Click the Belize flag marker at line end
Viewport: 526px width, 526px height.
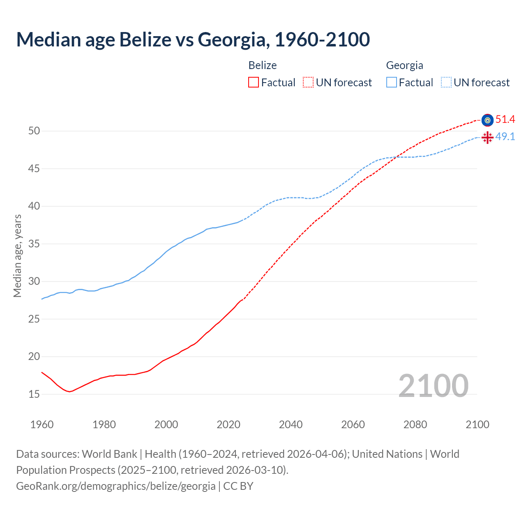487,120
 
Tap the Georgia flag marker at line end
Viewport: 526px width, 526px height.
487,137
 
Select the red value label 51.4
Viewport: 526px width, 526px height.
505,120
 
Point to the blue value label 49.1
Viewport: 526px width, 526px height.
505,137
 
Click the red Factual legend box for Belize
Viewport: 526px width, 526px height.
254,83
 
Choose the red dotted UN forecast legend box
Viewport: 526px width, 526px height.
308,83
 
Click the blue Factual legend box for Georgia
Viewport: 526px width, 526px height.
391,83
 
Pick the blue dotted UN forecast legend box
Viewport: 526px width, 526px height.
446,83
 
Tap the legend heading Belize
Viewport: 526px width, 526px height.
263,65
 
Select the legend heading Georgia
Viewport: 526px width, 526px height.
404,65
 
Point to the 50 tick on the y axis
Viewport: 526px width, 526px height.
34,131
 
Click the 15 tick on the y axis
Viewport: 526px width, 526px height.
34,394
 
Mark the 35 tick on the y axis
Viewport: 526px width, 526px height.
34,244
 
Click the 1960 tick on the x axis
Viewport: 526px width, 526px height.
42,424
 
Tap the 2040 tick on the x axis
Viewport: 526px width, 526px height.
291,424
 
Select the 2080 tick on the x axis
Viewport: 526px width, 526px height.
415,424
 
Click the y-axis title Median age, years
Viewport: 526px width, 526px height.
17,256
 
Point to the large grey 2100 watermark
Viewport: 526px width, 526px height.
433,386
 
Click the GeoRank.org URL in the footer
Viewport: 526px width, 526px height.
115,486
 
